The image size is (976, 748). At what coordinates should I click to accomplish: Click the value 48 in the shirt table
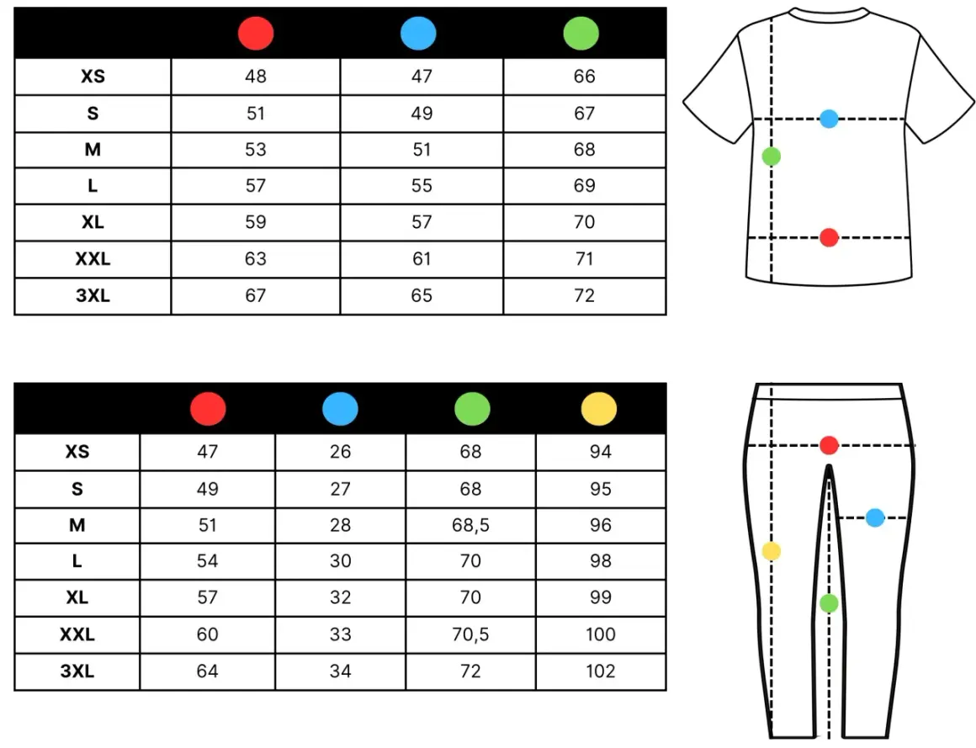pyautogui.click(x=256, y=77)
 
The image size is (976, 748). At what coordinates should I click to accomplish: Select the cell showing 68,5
pyautogui.click(x=470, y=525)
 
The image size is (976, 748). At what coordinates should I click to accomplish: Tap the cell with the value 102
pyautogui.click(x=600, y=671)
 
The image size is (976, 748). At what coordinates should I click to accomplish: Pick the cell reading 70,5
pyautogui.click(x=470, y=634)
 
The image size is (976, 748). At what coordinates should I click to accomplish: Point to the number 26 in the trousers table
pyautogui.click(x=341, y=452)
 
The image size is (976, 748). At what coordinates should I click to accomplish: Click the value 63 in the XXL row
pyautogui.click(x=256, y=259)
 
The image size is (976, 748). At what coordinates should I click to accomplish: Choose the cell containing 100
pyautogui.click(x=600, y=634)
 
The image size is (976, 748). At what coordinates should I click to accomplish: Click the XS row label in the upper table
pyautogui.click(x=93, y=77)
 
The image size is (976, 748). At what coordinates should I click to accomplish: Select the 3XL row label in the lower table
pyautogui.click(x=77, y=671)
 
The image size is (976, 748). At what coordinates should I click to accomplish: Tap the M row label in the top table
pyautogui.click(x=93, y=150)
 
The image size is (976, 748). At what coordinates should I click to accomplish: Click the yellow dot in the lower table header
pyautogui.click(x=599, y=409)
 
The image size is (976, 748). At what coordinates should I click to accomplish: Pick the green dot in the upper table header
pyautogui.click(x=581, y=33)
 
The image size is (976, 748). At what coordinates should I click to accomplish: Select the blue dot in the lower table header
pyautogui.click(x=340, y=409)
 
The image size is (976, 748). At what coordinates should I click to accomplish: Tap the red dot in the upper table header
pyautogui.click(x=256, y=33)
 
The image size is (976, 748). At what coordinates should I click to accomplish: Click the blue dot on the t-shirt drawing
pyautogui.click(x=829, y=119)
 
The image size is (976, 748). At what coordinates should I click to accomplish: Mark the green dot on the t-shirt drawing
pyautogui.click(x=772, y=156)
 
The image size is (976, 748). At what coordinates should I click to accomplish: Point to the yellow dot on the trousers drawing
pyautogui.click(x=772, y=551)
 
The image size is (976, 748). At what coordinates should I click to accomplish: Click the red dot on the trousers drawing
pyautogui.click(x=829, y=446)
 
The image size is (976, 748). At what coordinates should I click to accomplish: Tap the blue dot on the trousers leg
pyautogui.click(x=875, y=517)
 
